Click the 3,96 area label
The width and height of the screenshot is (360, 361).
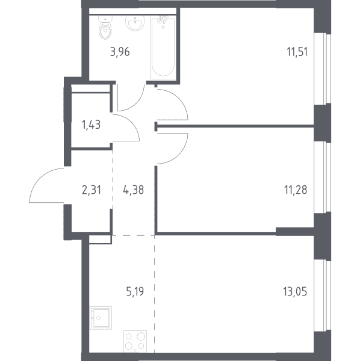tap(120, 52)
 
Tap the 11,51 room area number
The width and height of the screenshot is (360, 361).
tap(297, 52)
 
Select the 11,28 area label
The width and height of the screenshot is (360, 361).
tap(296, 190)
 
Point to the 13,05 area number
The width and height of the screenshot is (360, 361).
tap(295, 291)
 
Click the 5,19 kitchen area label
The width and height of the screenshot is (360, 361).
tap(135, 291)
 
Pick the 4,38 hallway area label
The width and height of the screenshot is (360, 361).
tap(134, 190)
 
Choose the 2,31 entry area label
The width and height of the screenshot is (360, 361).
tap(92, 190)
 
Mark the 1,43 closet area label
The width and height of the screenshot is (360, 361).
tap(92, 125)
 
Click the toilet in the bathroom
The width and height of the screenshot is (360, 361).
tap(105, 27)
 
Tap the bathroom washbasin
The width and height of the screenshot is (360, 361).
tap(135, 23)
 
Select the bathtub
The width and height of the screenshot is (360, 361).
tap(163, 47)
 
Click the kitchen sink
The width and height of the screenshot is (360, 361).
tap(101, 318)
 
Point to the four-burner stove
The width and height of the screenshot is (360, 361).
tap(135, 341)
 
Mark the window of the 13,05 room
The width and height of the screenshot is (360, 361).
tap(323, 296)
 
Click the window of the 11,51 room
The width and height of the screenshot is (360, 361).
tap(323, 69)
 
